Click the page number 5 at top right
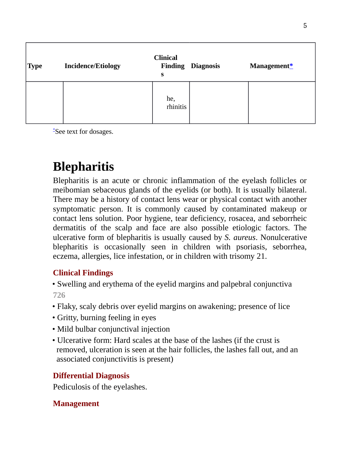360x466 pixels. (305, 26)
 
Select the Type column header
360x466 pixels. (35, 66)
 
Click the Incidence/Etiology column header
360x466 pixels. (92, 66)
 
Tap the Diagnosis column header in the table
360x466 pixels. (205, 66)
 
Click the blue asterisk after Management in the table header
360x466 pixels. (291, 66)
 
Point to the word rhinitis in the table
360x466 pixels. (176, 107)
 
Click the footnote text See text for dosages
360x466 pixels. (84, 132)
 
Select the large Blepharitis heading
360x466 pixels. (83, 167)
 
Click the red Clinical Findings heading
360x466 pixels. (83, 273)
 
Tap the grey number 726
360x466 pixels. (59, 295)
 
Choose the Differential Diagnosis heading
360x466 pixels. (91, 376)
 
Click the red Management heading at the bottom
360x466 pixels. (76, 404)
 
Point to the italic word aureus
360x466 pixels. (244, 238)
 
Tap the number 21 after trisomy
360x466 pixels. (261, 256)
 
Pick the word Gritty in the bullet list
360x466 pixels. (67, 318)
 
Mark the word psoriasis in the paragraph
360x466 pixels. (251, 247)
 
